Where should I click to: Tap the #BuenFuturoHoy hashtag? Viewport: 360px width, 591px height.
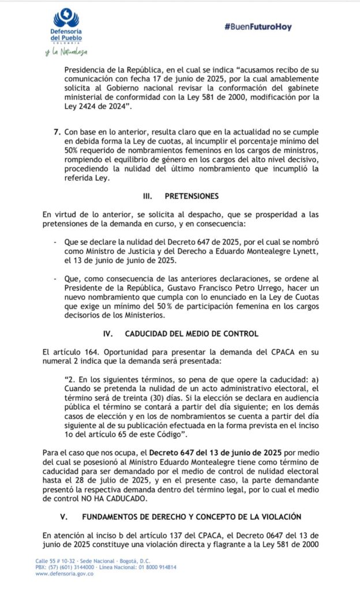click(x=258, y=27)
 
